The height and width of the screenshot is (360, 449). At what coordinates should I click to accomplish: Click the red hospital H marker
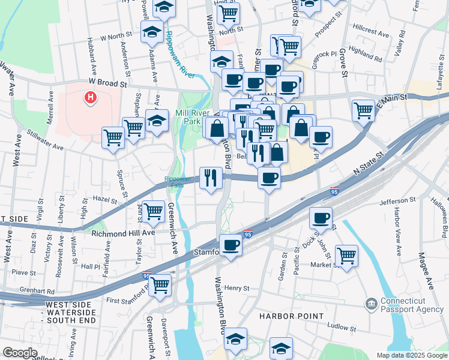(x=91, y=97)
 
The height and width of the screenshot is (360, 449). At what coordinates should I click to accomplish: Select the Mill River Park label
(x=188, y=116)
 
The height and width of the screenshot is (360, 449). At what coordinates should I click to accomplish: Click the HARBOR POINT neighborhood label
(x=291, y=316)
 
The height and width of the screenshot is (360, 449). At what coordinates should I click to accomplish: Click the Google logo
(x=20, y=352)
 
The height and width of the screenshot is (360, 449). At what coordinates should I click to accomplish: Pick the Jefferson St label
(x=397, y=200)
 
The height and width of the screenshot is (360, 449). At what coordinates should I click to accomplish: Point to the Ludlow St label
(x=342, y=328)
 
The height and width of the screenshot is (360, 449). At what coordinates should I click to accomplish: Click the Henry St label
(x=237, y=289)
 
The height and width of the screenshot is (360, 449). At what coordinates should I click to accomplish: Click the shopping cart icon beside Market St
(x=346, y=255)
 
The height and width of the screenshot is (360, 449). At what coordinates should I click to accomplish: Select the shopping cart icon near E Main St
(x=363, y=110)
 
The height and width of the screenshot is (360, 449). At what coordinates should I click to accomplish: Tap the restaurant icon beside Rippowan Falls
(x=211, y=177)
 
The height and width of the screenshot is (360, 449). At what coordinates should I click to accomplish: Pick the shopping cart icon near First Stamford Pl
(x=160, y=285)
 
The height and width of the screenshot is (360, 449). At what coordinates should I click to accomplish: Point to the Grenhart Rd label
(x=37, y=291)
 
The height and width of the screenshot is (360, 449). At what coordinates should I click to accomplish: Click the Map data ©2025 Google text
(x=412, y=355)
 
